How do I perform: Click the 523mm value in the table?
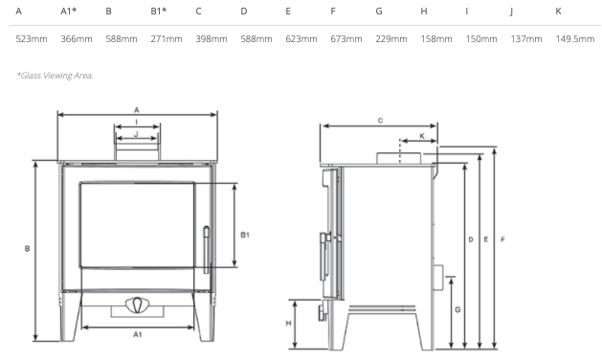[x=32, y=39]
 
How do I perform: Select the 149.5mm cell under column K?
[x=575, y=39]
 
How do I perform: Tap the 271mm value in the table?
[x=167, y=39]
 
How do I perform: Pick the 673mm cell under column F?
[x=346, y=39]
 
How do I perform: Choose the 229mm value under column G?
[x=391, y=39]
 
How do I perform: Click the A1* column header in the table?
[x=69, y=11]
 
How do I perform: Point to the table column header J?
[x=511, y=11]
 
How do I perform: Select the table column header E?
[x=288, y=11]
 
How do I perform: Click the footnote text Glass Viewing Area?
[x=55, y=76]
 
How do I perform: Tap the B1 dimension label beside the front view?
[x=245, y=235]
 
